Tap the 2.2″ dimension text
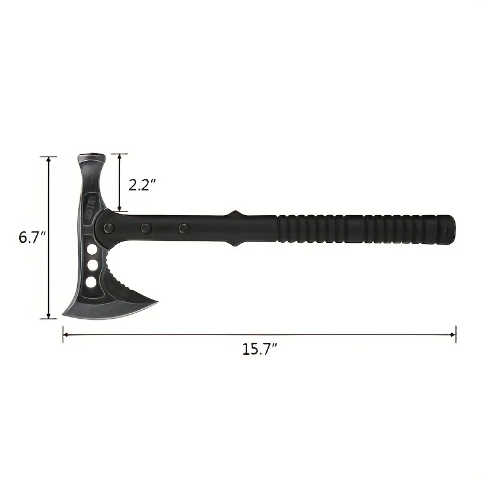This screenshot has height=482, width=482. point(142,184)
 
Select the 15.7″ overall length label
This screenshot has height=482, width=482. point(259,349)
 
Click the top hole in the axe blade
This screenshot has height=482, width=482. point(92,249)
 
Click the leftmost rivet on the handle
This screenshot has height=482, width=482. point(109,228)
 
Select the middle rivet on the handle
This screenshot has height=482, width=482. point(146,228)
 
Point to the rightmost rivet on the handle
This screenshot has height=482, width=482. point(183,228)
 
